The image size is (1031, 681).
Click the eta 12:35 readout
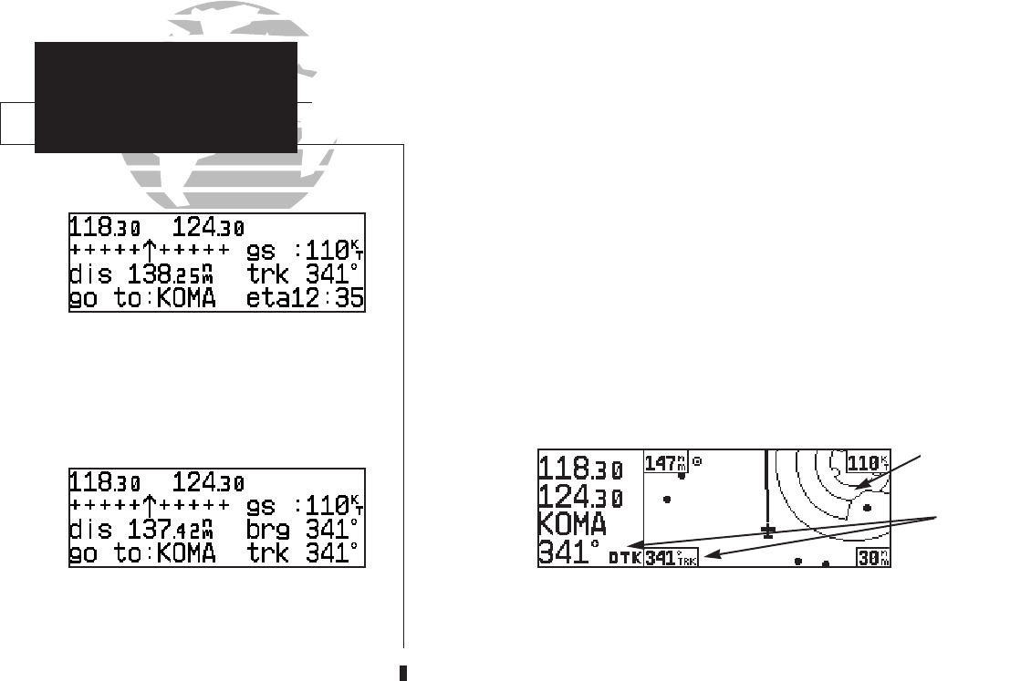click(305, 298)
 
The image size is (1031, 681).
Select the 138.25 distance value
click(171, 273)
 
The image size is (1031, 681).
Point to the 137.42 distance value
click(171, 530)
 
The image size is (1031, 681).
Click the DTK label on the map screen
click(625, 558)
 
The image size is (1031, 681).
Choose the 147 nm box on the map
click(665, 463)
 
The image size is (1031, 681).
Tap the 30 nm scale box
click(874, 558)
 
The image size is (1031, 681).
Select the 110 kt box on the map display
click(869, 463)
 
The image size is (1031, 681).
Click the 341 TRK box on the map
click(671, 558)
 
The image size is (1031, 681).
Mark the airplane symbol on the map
click(768, 531)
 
